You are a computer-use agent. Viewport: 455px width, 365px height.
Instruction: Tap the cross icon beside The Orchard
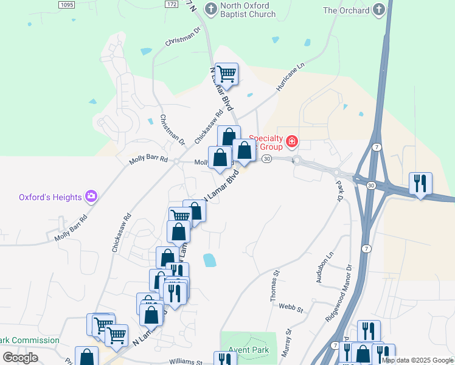click(x=378, y=10)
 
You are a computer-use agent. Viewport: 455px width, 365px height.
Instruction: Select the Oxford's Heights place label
click(x=50, y=197)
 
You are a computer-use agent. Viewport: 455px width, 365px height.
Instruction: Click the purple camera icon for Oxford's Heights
click(x=91, y=196)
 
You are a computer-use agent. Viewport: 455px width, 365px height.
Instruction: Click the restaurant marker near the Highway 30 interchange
click(x=420, y=183)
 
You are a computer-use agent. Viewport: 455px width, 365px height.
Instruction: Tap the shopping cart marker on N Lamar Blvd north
click(x=226, y=74)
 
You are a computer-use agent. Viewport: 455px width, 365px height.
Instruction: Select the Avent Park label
click(x=249, y=350)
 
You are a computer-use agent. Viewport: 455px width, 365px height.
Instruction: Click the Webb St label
click(x=291, y=308)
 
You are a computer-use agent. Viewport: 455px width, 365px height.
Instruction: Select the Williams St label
click(x=186, y=361)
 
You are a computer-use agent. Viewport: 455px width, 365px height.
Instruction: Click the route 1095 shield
click(x=67, y=4)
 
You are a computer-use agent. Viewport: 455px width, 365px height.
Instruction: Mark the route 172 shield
click(x=172, y=4)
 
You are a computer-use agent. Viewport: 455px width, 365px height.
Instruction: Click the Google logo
click(x=20, y=357)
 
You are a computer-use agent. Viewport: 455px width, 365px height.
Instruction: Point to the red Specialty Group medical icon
click(x=292, y=142)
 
